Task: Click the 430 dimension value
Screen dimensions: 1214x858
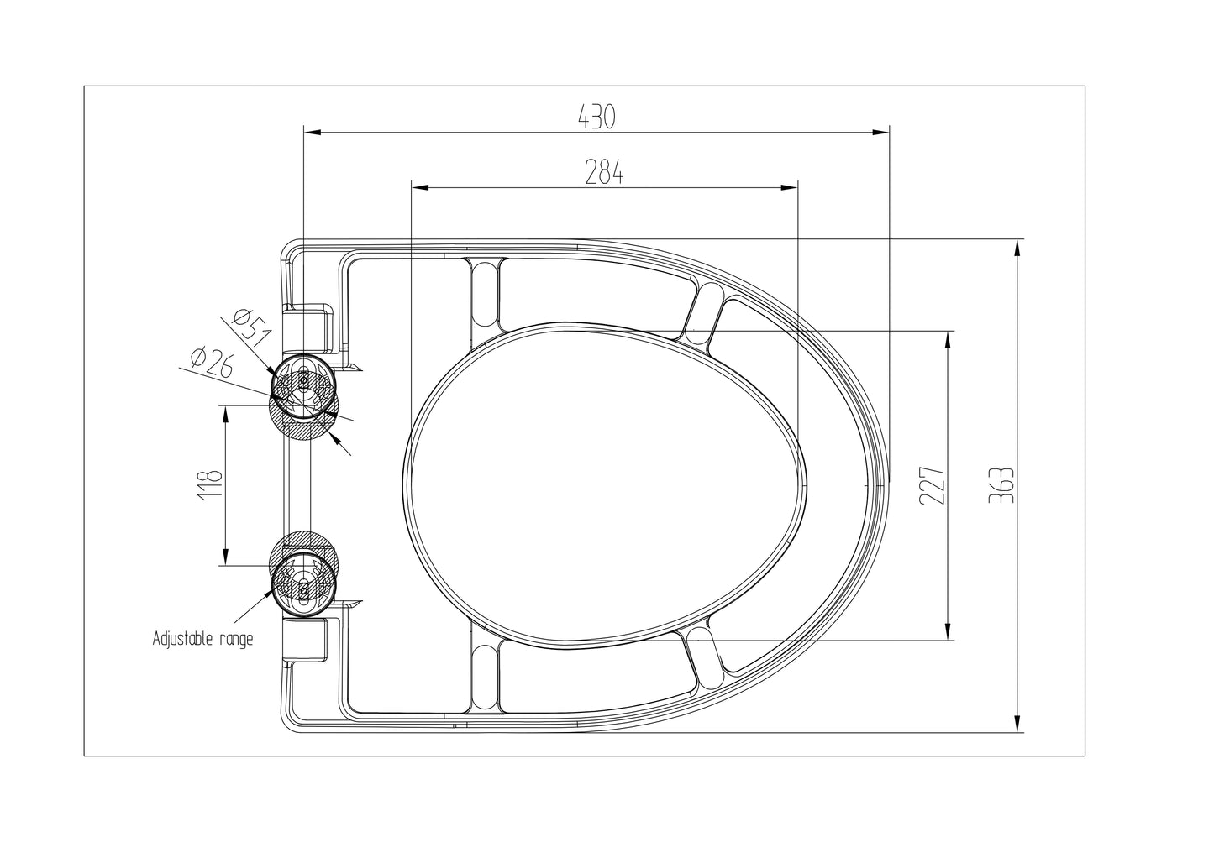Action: pos(596,117)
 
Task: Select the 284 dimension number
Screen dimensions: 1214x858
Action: pos(604,172)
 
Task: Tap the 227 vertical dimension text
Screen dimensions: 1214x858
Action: pos(932,485)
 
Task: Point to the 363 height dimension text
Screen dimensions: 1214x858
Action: pos(1001,485)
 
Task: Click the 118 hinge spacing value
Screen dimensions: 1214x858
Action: pos(212,484)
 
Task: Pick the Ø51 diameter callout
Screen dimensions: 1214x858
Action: pos(250,328)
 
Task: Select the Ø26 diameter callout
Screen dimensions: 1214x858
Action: pos(212,364)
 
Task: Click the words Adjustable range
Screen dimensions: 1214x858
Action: pos(202,639)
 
